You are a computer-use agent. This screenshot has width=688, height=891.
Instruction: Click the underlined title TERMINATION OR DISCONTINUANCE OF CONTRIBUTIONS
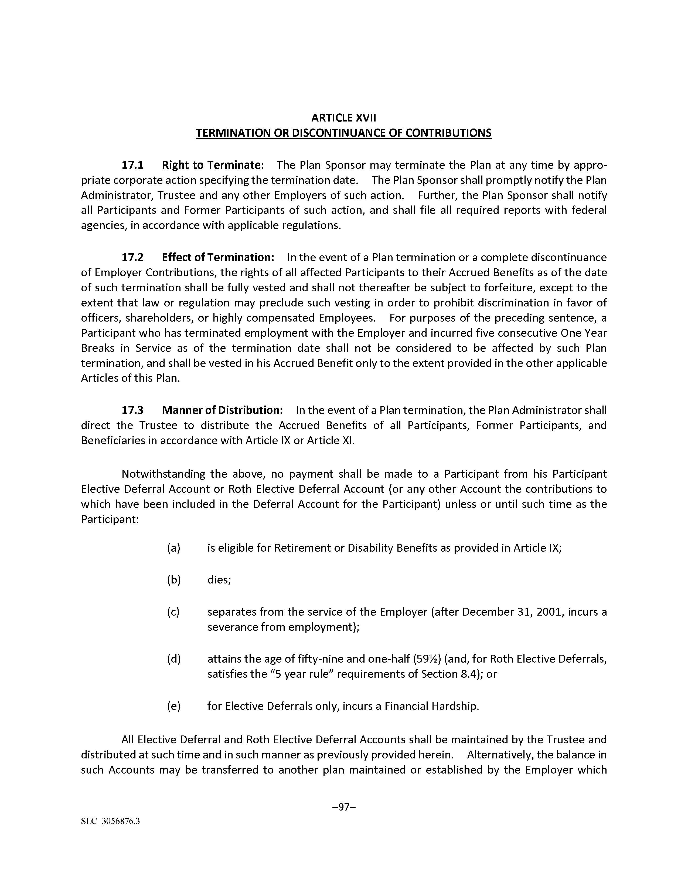tap(343, 133)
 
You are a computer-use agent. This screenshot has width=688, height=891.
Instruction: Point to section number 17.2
tap(132, 257)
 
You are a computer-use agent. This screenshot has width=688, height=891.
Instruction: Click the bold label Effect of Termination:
tap(218, 257)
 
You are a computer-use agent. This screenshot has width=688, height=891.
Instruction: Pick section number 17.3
tap(132, 410)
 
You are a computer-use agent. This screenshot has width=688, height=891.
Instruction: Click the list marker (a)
tap(174, 548)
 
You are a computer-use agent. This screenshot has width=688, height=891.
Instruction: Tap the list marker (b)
tap(174, 580)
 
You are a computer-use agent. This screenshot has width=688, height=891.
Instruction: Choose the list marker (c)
tap(174, 612)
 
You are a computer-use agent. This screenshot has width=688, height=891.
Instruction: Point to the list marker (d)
tap(174, 659)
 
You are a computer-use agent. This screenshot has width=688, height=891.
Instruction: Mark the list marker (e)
tap(174, 706)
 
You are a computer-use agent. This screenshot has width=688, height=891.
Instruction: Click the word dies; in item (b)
tap(219, 580)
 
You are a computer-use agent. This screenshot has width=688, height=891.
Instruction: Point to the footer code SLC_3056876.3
tap(110, 821)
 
